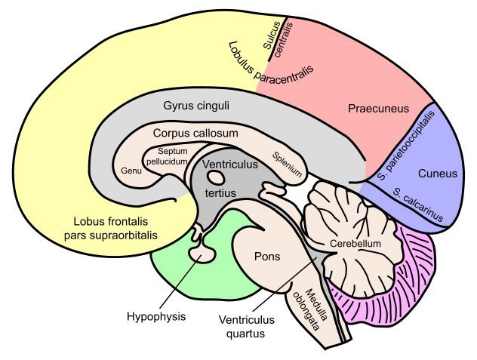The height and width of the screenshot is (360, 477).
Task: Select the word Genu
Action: pyautogui.click(x=131, y=170)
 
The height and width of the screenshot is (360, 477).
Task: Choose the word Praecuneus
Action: pyautogui.click(x=378, y=109)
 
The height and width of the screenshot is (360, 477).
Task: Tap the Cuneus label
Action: pyautogui.click(x=438, y=174)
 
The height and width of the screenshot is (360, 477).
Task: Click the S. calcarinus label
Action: pyautogui.click(x=417, y=205)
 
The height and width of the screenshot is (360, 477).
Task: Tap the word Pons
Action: pyautogui.click(x=267, y=257)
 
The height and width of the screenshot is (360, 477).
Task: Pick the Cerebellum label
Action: pyautogui.click(x=355, y=244)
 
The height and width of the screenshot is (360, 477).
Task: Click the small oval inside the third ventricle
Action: pyautogui.click(x=217, y=178)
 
